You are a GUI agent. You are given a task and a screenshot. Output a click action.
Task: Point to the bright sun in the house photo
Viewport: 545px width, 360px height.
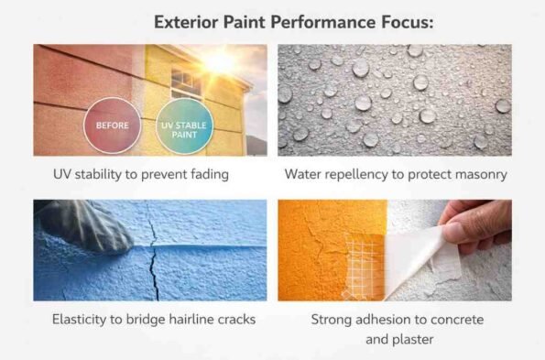tap(220, 61)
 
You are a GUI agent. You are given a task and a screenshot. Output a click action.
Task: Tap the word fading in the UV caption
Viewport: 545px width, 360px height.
tap(207, 172)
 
